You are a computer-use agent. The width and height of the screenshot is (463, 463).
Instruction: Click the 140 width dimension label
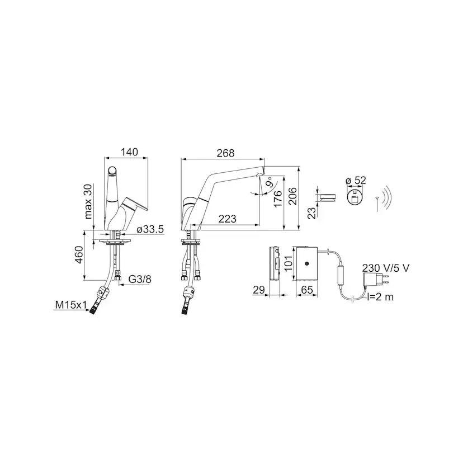click(x=129, y=152)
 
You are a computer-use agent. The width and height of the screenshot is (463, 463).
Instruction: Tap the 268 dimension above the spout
click(x=225, y=153)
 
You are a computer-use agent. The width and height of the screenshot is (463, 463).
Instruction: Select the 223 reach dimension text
click(x=228, y=219)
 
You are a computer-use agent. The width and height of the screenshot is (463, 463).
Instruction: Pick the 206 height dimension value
click(x=292, y=196)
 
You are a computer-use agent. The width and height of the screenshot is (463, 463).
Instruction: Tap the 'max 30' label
click(x=88, y=201)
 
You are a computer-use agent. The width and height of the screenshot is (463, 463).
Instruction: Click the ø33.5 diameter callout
click(x=150, y=229)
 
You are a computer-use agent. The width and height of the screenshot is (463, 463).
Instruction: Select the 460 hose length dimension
click(x=78, y=254)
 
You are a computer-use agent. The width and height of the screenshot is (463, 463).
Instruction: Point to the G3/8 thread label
click(x=140, y=279)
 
